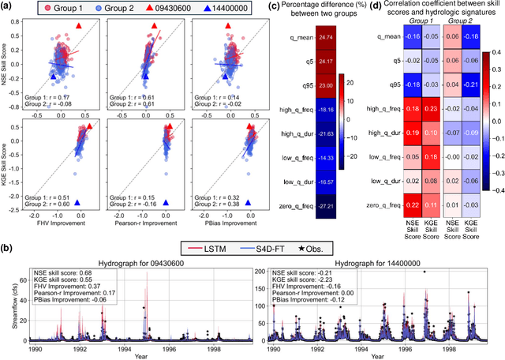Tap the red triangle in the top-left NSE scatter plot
coord(77,26)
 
